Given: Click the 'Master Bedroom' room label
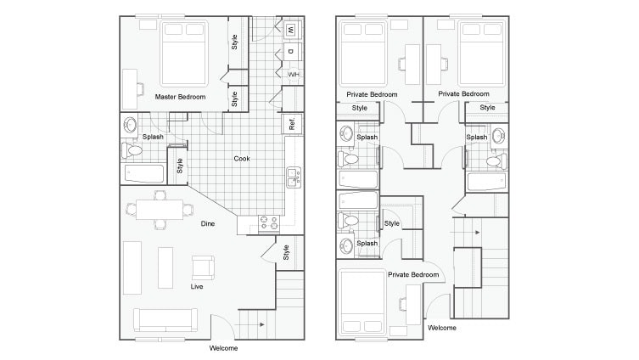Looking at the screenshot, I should point(180,97).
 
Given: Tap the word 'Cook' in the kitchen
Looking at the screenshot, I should point(242,158).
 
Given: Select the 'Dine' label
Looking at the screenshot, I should point(207,223).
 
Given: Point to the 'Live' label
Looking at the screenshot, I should point(196,286).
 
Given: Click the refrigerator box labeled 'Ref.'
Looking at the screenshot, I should point(292,124).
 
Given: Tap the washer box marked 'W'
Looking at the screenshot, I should point(291,31).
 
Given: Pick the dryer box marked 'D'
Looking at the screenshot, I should point(291,52).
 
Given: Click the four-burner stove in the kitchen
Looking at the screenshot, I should point(269,223).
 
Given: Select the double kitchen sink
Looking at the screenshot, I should point(293,177).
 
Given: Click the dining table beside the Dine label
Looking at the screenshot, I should point(160,210).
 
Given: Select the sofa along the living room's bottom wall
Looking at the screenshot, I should point(165,320).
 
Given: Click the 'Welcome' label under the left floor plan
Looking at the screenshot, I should point(223,348).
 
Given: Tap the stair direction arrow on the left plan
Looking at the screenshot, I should point(260,324).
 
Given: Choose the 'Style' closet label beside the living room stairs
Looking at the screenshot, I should point(286,252).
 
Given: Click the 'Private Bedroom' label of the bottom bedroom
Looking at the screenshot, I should point(413,274).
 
